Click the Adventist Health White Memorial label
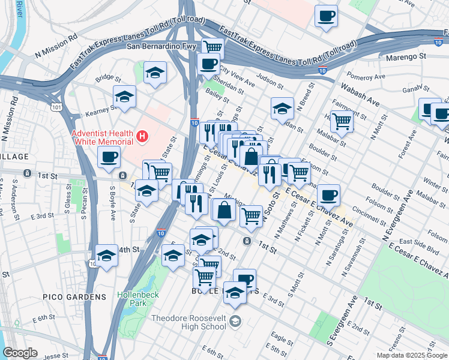tap(102, 137)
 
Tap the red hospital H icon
tap(142, 137)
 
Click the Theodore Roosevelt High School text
tap(190, 322)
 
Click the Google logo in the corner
tap(20, 353)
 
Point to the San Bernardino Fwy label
tap(161, 46)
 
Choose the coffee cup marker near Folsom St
tap(328, 194)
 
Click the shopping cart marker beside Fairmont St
tap(342, 121)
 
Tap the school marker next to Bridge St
tap(155, 73)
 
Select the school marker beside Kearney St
tap(124, 96)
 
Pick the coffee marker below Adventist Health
tap(109, 157)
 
